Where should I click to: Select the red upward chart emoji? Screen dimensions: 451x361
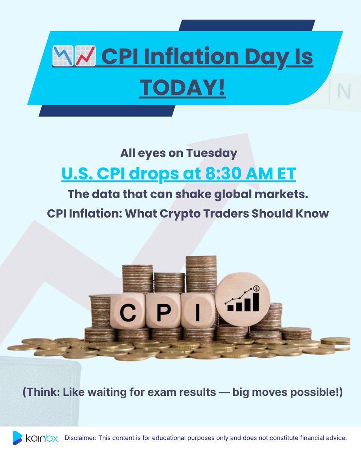click(x=85, y=56)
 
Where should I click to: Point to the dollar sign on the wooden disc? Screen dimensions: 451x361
click(x=256, y=288)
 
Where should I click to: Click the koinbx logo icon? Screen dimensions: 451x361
click(x=18, y=438)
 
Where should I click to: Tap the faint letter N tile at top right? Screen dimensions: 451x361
click(x=344, y=91)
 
